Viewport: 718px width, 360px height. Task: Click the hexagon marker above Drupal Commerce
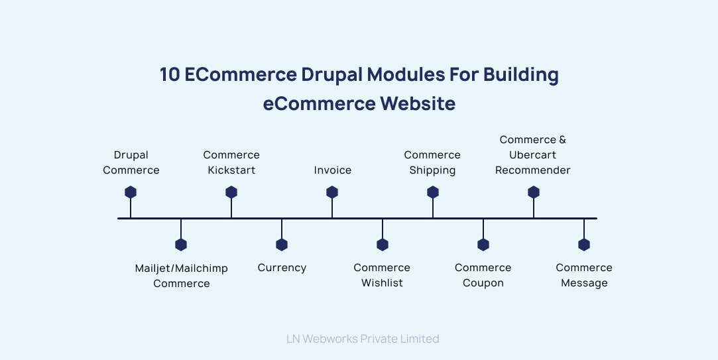pos(131,192)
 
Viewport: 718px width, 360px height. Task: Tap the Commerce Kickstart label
pos(231,162)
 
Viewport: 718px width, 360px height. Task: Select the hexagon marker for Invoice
pos(332,192)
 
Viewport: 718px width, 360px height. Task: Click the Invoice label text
pos(333,170)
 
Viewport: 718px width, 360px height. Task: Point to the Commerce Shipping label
pos(432,162)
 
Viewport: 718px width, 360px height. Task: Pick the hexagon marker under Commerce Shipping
pos(433,192)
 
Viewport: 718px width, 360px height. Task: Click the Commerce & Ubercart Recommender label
pos(533,155)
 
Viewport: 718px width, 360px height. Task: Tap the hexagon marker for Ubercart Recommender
pos(534,192)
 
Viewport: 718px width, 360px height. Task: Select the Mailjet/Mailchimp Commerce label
pos(181,276)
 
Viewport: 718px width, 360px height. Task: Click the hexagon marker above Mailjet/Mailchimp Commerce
pos(181,245)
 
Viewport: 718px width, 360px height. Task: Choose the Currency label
pos(282,268)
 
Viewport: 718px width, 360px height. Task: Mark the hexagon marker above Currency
pos(282,245)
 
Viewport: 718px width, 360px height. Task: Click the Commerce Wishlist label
pos(382,275)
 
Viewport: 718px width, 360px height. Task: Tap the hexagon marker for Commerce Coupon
pos(483,245)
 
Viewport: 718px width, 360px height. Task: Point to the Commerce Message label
pos(584,275)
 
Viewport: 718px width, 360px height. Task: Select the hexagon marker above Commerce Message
pos(584,245)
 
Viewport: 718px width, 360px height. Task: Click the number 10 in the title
pos(170,75)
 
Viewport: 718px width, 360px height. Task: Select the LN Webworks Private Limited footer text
pos(363,339)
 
